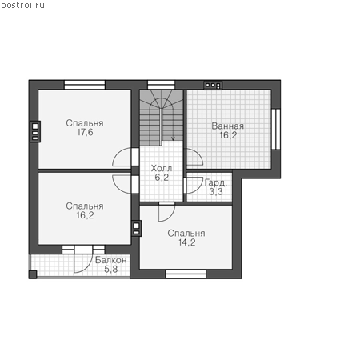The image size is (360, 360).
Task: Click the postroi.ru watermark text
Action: click(22, 6)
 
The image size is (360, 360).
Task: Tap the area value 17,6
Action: click(85, 132)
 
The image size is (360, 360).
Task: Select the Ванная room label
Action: click(227, 126)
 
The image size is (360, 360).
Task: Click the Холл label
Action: click(162, 168)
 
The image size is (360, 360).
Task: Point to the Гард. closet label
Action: click(216, 182)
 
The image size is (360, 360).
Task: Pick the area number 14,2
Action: click(187, 242)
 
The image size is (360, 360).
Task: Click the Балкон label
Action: click(110, 260)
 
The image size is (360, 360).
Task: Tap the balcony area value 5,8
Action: click(110, 270)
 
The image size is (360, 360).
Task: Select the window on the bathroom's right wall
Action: click(276, 129)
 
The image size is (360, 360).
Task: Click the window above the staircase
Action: click(162, 85)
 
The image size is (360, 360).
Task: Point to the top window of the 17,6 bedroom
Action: click(85, 85)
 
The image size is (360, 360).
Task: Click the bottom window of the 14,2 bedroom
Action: click(186, 274)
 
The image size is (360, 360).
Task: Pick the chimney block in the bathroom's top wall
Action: click(213, 85)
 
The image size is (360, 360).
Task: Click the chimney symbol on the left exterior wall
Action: click(35, 131)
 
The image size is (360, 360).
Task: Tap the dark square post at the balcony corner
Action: click(33, 274)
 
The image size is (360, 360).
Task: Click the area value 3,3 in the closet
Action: click(216, 191)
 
